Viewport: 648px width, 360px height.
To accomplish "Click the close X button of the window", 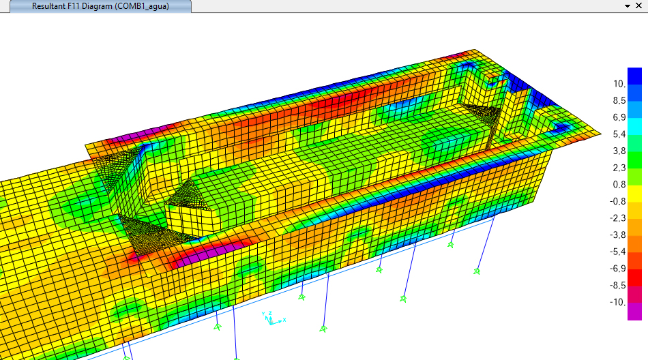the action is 638,5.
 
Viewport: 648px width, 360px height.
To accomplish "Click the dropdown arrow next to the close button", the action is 628,6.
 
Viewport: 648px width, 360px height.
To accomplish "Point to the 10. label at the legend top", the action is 619,84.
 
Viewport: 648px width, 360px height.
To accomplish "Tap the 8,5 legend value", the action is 619,101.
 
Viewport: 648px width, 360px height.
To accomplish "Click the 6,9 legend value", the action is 619,118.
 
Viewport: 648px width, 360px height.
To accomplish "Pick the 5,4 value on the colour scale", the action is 619,134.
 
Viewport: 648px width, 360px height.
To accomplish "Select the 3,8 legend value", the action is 619,151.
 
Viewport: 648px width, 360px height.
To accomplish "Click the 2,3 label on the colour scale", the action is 619,168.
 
